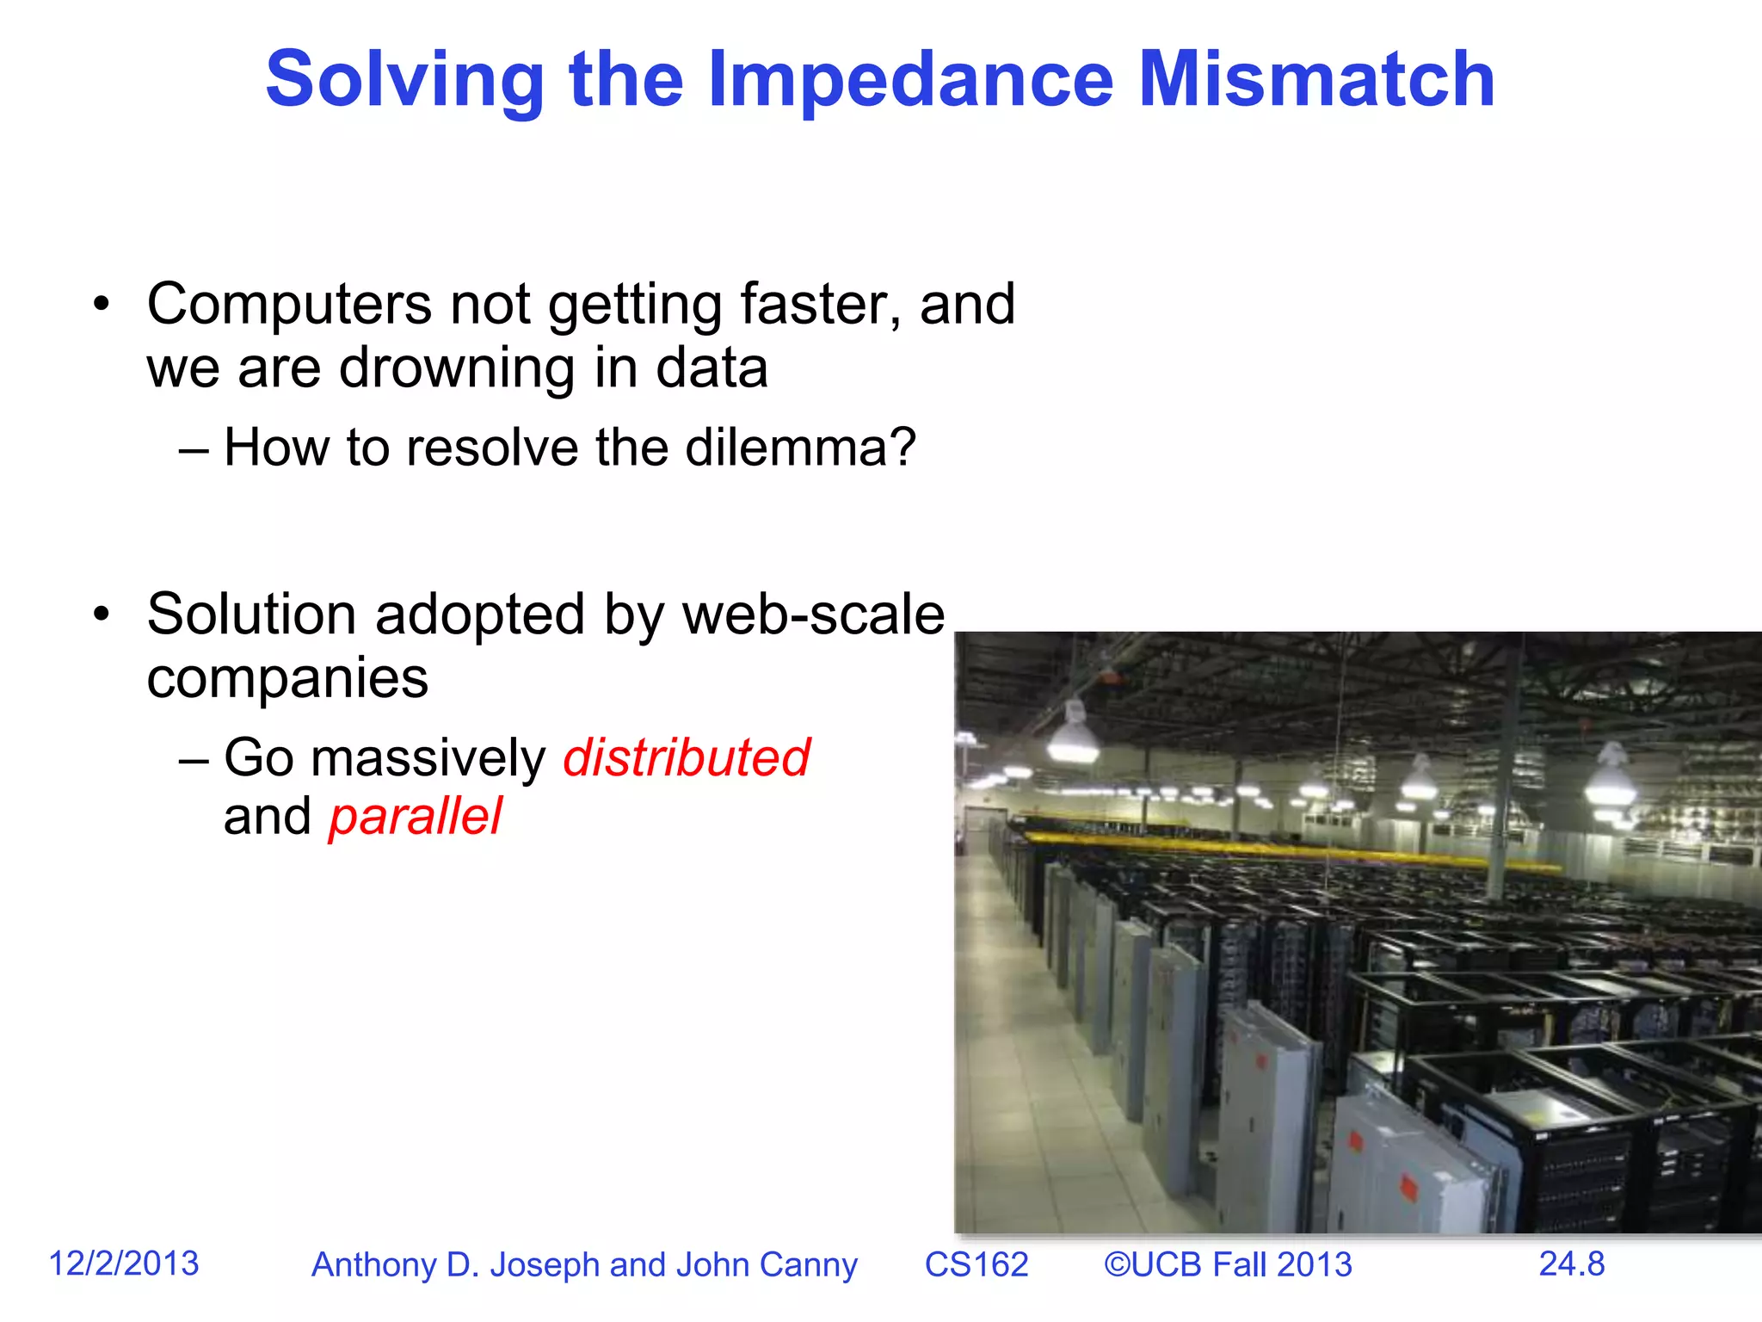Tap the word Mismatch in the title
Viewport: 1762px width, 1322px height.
[1316, 80]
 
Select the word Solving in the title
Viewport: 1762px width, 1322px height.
[404, 80]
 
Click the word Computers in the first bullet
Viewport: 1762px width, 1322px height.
[289, 305]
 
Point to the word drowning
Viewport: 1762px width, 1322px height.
[457, 369]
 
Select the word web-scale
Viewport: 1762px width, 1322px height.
[813, 615]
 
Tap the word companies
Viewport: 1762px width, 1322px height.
[287, 679]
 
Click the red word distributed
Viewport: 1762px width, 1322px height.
[686, 758]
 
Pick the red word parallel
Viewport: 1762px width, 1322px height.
[415, 817]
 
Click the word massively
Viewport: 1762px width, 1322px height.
[428, 759]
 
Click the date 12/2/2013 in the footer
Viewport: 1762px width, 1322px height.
[124, 1263]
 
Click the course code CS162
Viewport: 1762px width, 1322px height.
[976, 1265]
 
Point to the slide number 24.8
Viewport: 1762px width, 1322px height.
[1571, 1263]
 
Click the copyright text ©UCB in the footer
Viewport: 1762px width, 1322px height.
[1153, 1265]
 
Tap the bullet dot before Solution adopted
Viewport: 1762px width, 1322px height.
[102, 615]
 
